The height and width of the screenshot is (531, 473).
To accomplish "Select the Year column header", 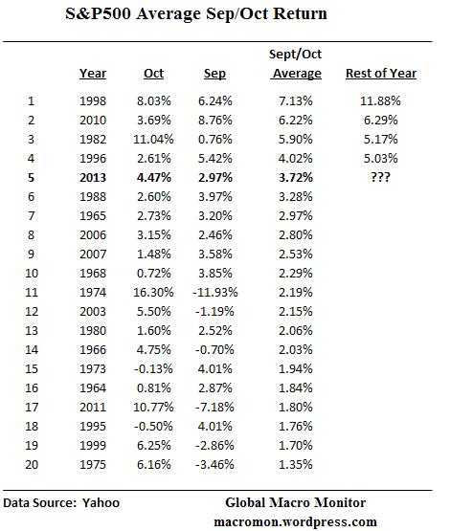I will click(x=92, y=74).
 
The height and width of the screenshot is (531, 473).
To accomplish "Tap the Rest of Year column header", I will click(x=380, y=74).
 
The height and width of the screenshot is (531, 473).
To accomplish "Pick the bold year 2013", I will click(x=94, y=178).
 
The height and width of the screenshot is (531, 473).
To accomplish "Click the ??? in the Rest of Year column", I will click(x=380, y=178).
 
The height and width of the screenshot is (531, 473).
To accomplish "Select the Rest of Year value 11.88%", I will click(x=380, y=100).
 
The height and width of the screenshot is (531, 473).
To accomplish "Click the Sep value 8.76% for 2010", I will click(x=216, y=120).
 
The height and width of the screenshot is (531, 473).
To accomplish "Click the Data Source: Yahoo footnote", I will click(x=61, y=502).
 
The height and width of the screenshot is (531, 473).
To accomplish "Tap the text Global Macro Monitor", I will click(x=295, y=502).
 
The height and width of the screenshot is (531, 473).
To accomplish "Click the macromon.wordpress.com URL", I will click(x=295, y=520).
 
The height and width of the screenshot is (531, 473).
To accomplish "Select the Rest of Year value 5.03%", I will click(x=380, y=158).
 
